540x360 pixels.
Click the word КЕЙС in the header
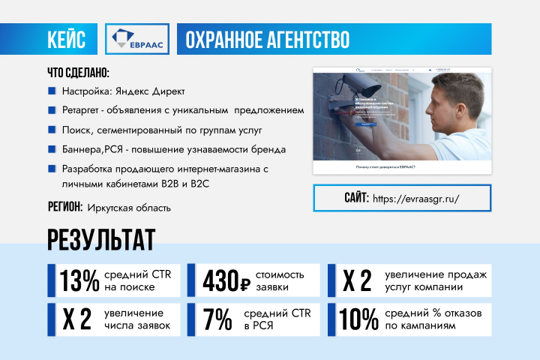(x=71, y=38)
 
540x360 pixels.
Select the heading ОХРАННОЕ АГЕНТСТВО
(x=267, y=38)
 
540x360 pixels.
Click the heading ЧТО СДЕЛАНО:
(x=78, y=74)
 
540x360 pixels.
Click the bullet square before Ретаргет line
(x=52, y=110)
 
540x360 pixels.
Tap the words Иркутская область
(x=129, y=208)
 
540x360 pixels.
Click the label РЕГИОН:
(x=64, y=207)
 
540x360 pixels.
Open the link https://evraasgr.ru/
(x=415, y=199)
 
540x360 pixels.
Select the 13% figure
(x=79, y=280)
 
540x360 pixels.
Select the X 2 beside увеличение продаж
(x=357, y=280)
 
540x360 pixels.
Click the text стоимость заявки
(x=281, y=280)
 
